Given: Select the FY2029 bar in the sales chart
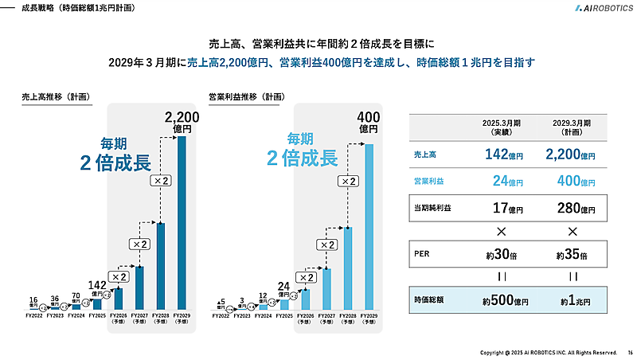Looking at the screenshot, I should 181,222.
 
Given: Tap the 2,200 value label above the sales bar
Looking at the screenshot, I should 182,118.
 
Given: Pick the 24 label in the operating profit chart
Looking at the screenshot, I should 284,286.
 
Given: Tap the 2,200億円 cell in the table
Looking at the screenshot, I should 572,155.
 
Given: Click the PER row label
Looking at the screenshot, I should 422,256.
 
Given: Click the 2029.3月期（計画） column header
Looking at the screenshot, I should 572,128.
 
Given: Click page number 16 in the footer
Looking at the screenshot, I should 629,352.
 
